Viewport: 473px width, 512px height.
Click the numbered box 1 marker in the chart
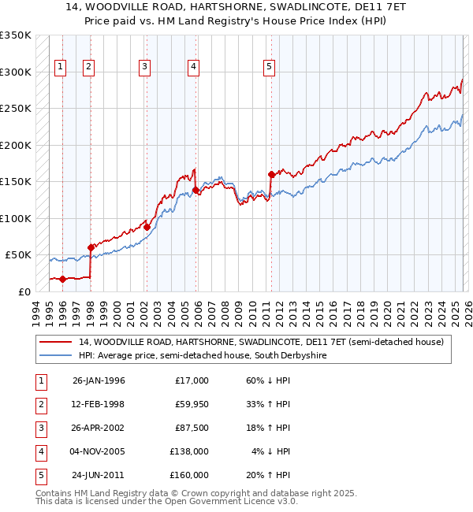click(61, 68)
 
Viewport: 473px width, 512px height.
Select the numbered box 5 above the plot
click(270, 68)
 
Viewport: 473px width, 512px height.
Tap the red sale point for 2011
click(271, 174)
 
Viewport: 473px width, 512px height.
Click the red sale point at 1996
click(62, 279)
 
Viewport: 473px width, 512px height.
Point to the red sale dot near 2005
click(195, 190)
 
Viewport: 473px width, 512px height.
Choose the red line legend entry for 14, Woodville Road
click(261, 342)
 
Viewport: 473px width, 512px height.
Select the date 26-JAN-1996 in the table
click(99, 380)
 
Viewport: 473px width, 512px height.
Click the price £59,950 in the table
click(189, 404)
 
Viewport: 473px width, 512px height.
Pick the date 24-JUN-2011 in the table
click(99, 475)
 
